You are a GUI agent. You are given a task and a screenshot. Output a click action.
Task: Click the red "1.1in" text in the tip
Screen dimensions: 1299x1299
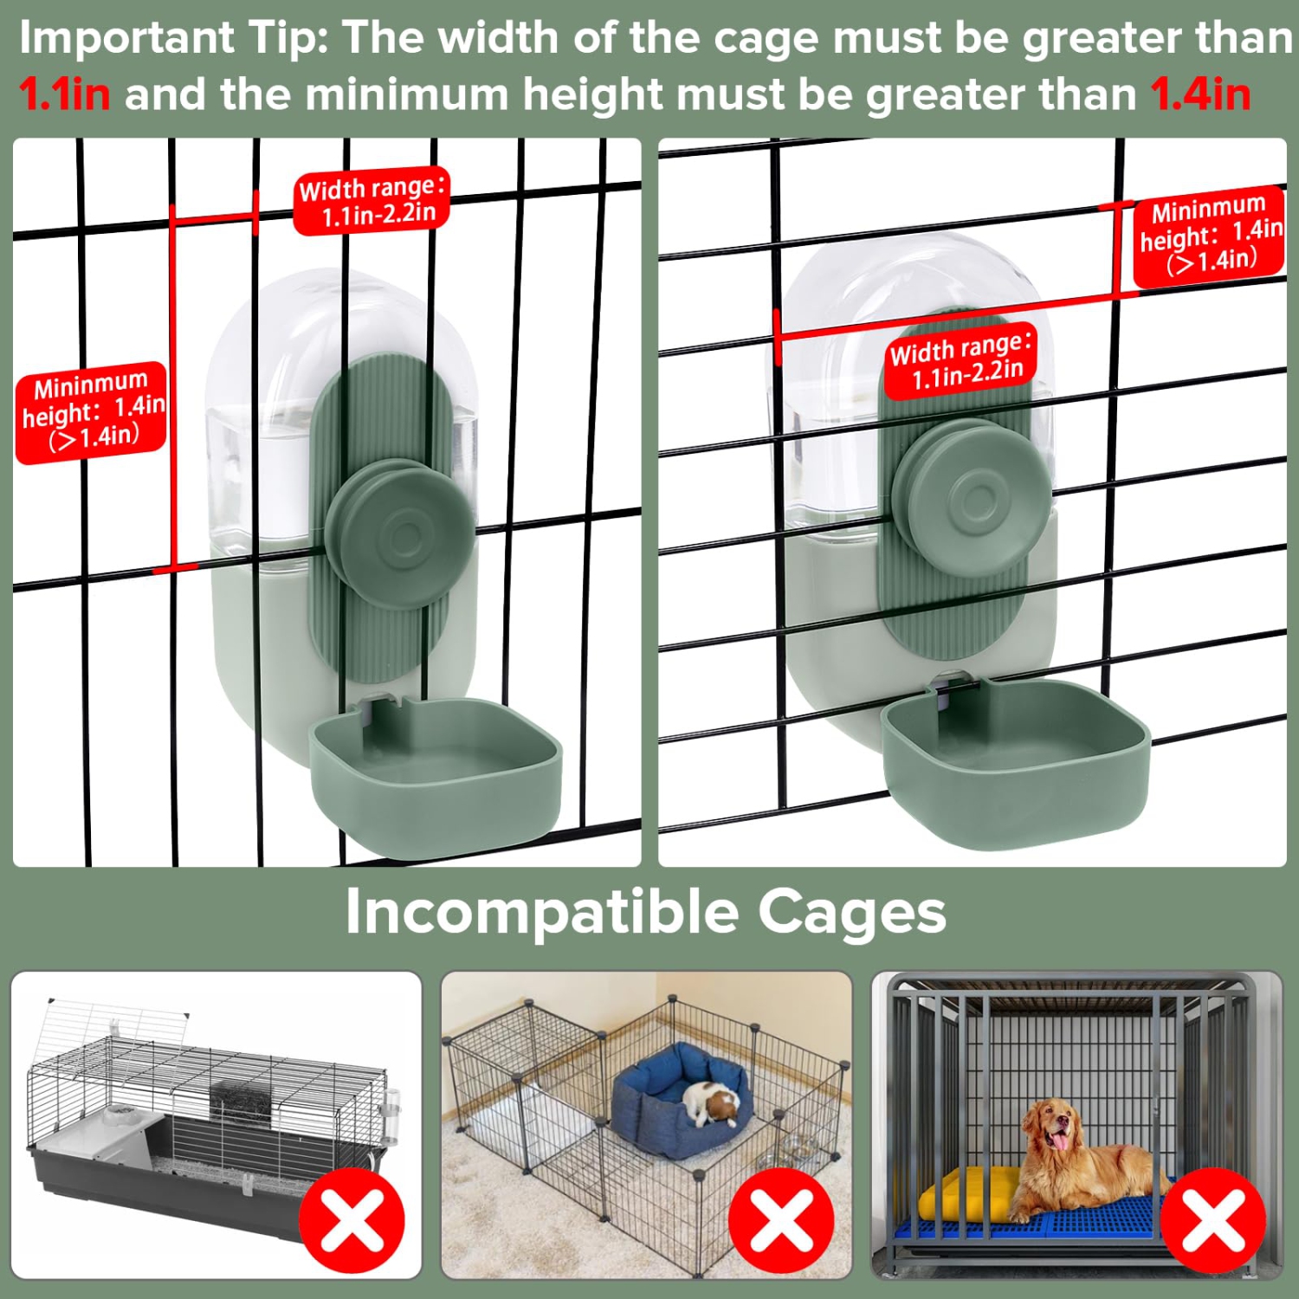pos(65,94)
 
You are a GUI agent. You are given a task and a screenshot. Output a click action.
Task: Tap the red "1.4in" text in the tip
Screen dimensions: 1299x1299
pos(1200,94)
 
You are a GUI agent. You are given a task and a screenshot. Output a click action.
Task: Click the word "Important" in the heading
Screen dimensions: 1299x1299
pos(126,38)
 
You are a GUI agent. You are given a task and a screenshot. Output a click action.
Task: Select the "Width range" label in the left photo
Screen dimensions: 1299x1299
pos(372,200)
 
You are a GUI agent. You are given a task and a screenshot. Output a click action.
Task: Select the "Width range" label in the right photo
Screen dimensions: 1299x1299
pos(961,359)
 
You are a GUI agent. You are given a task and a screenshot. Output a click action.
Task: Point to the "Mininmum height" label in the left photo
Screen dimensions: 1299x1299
pos(91,411)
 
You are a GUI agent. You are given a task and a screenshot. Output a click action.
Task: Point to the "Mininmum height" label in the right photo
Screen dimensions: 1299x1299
pos(1209,235)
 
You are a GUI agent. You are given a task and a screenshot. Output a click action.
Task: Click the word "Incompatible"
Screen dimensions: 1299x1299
pos(542,912)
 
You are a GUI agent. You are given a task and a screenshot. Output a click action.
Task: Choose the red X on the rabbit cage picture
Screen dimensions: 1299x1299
pos(352,1221)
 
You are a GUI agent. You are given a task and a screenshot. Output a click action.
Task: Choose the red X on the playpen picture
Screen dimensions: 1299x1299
pos(781,1221)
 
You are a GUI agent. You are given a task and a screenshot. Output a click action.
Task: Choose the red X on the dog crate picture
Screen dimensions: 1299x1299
pos(1213,1221)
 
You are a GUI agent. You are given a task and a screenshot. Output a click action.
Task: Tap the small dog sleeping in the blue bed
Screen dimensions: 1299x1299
pos(712,1104)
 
